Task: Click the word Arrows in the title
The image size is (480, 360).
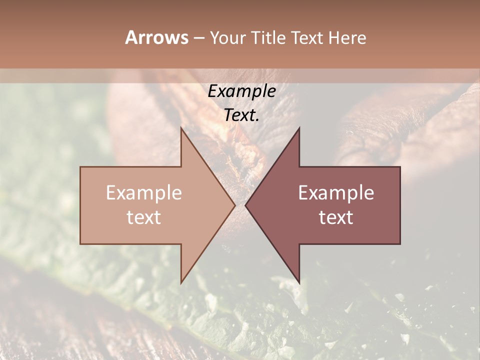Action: pos(156,37)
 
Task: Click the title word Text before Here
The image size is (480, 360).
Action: pos(307,37)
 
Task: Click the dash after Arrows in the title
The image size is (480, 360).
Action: pos(198,38)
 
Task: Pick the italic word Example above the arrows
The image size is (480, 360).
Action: pos(242,91)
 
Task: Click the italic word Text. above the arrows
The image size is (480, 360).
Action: pos(242,115)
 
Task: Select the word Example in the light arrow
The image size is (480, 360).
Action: pos(144,193)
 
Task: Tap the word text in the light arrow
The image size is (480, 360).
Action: pos(144,217)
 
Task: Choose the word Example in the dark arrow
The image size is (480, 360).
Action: pos(336,193)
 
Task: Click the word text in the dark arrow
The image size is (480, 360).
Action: pos(336,217)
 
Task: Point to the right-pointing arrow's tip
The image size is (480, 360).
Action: pos(235,205)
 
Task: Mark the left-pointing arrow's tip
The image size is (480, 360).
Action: pos(245,205)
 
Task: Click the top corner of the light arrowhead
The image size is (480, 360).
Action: pos(181,127)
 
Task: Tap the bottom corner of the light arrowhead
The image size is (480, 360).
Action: pos(181,283)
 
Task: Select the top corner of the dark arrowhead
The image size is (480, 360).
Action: pos(299,127)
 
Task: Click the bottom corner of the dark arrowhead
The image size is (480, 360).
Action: pos(299,283)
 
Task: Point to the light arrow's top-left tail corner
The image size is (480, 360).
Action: pos(80,166)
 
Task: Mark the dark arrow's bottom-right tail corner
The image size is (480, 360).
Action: pos(400,244)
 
